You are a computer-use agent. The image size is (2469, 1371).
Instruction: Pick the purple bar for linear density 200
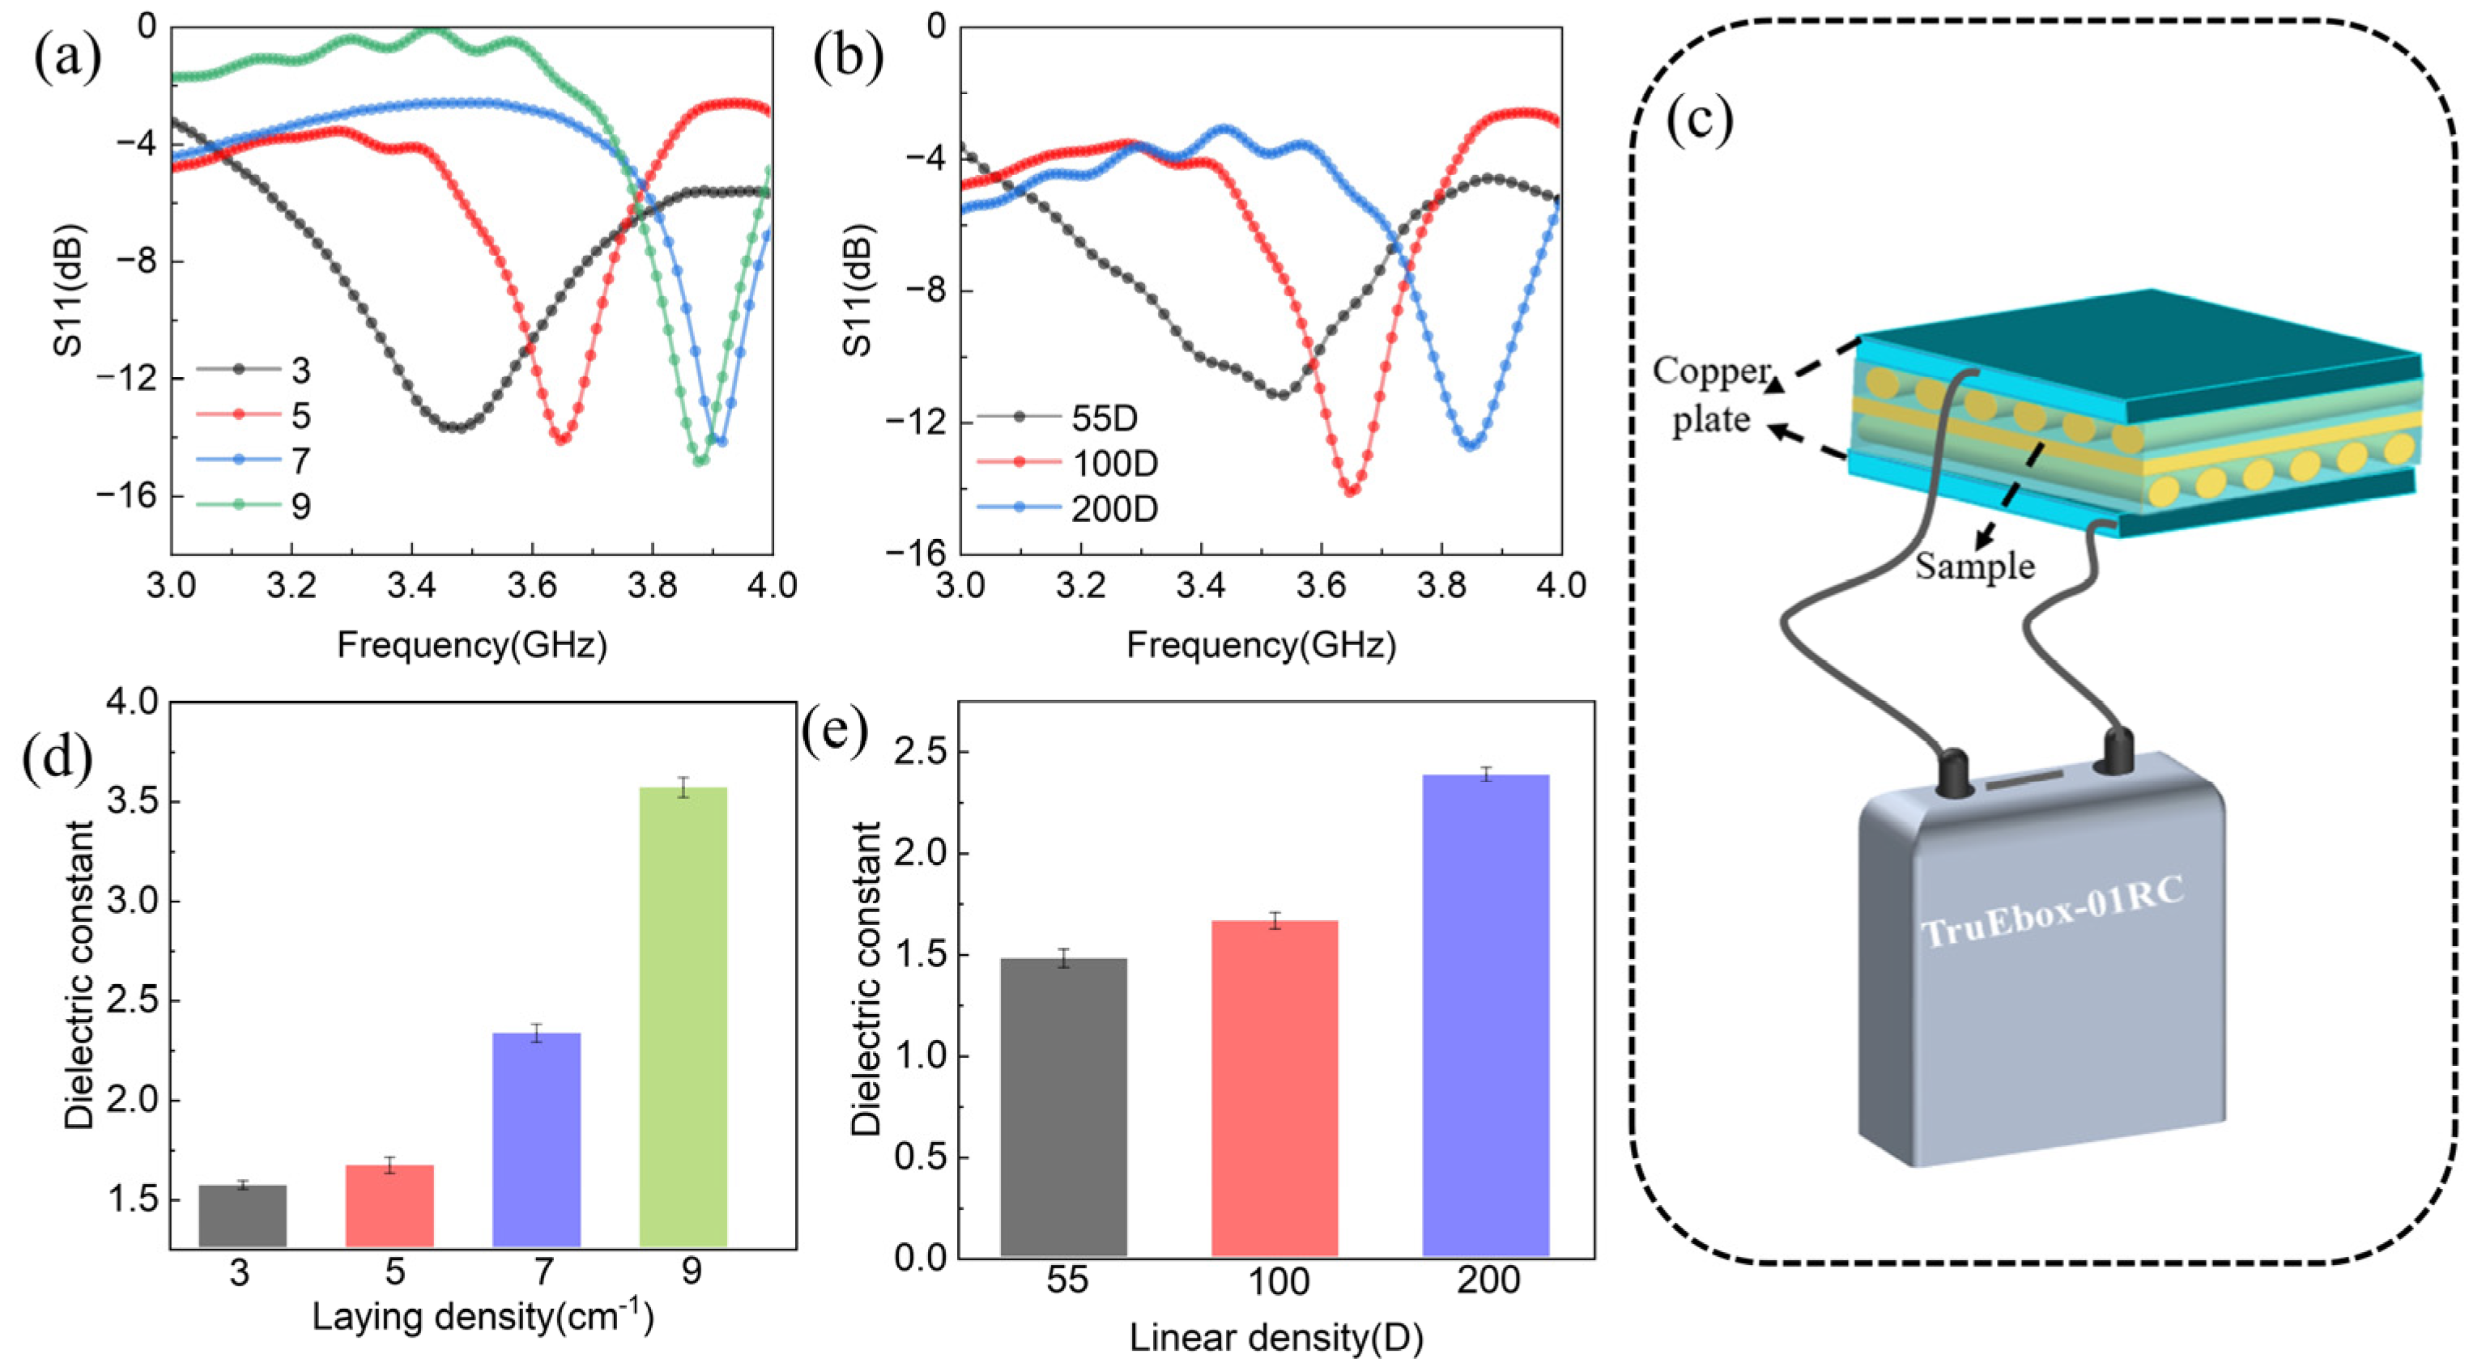[x=1486, y=1015]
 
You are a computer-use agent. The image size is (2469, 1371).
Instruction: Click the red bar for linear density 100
[x=1274, y=1088]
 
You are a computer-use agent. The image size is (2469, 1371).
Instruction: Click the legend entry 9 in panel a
[x=300, y=506]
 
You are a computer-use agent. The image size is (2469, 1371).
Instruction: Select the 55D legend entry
[x=1102, y=418]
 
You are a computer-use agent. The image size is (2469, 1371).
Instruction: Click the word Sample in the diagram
[x=1974, y=567]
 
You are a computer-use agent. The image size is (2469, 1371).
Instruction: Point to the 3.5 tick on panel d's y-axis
[x=132, y=802]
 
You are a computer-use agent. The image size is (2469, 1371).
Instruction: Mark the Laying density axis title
[x=482, y=1318]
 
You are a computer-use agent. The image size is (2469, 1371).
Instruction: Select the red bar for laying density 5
[x=390, y=1204]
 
